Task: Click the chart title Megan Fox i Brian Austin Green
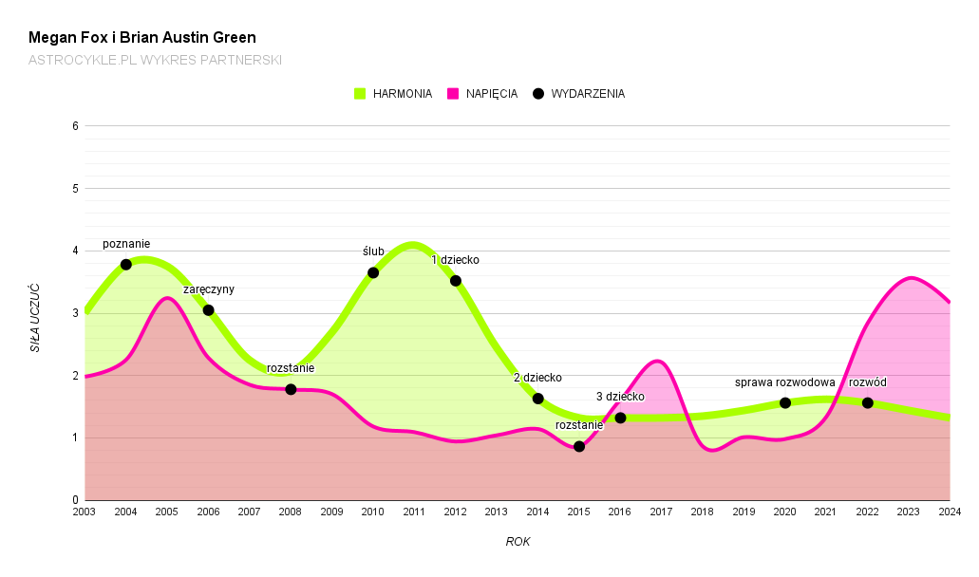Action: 142,38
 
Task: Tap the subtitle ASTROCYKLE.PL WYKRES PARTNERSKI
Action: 155,60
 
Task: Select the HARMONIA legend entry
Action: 393,94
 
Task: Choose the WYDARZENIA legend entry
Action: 578,94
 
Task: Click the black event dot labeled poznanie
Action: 126,265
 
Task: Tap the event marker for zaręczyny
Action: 208,310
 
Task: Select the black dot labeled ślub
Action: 373,273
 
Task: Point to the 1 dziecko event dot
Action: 456,281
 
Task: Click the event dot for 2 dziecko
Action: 537,399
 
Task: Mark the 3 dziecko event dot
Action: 620,418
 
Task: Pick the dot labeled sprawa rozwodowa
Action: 785,403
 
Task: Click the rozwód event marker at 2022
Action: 868,403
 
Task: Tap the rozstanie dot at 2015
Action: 579,447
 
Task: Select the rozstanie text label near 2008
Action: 291,368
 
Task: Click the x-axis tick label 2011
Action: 414,512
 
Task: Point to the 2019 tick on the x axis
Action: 744,512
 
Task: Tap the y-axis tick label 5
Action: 75,189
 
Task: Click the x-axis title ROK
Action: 518,542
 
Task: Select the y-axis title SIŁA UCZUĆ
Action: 35,317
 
